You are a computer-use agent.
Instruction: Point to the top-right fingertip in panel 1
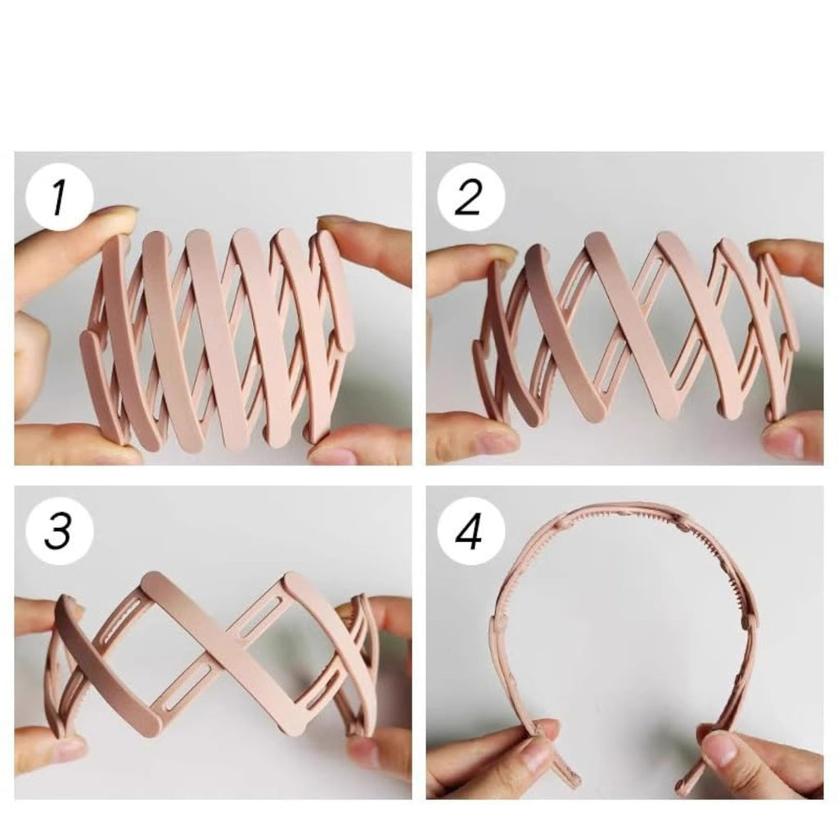(x=332, y=223)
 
